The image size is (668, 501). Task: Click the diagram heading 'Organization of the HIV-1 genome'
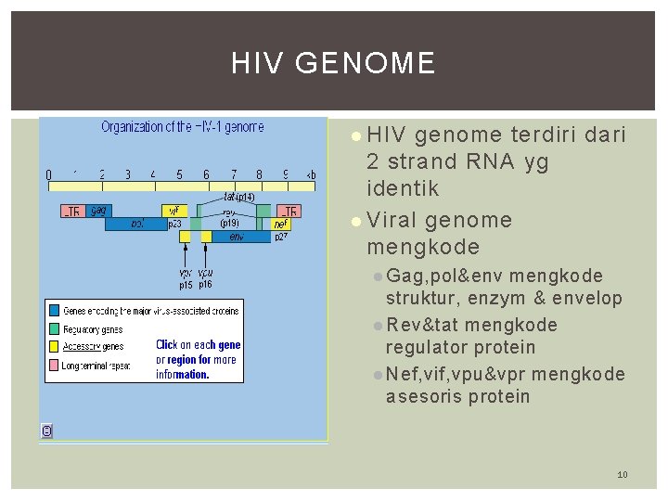(x=182, y=126)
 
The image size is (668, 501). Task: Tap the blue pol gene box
(x=137, y=224)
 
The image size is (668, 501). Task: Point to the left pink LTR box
(x=71, y=211)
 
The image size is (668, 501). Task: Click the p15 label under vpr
(x=186, y=285)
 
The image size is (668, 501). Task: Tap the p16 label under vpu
(x=205, y=285)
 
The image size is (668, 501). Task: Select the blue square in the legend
(x=55, y=310)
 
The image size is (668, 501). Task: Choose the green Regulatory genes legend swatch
(x=55, y=328)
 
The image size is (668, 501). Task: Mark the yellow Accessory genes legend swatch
(x=55, y=346)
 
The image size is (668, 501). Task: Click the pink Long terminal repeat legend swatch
(x=55, y=365)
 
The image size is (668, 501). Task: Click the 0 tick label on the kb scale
(x=49, y=173)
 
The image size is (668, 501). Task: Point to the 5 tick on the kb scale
(x=180, y=173)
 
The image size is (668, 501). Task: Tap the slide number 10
(x=623, y=475)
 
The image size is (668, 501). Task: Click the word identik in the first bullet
(x=403, y=188)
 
